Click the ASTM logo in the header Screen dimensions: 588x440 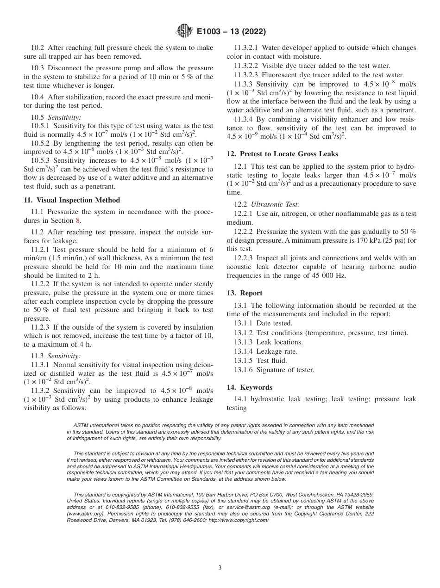(x=185, y=31)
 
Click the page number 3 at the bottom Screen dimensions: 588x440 (x=220, y=568)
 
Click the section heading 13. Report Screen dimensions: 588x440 (x=245, y=293)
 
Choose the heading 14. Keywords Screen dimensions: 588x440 (x=250, y=387)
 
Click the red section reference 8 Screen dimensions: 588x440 (x=78, y=220)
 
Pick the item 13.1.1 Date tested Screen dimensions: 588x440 (x=263, y=324)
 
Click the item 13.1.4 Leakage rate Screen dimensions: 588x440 (x=265, y=351)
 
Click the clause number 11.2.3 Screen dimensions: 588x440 (x=43, y=327)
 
